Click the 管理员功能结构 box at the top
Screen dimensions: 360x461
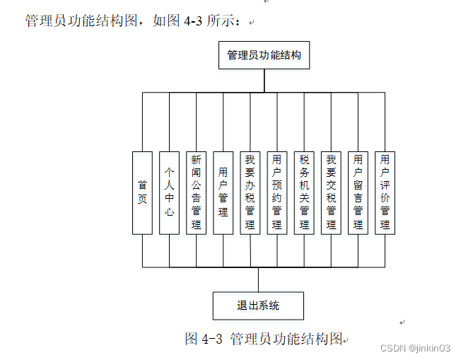tap(264, 54)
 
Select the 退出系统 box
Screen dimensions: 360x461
tap(258, 306)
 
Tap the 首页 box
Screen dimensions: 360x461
tap(142, 192)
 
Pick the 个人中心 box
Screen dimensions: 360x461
tap(169, 192)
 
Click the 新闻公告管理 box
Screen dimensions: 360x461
tap(196, 192)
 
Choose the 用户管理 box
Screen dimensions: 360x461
tap(223, 192)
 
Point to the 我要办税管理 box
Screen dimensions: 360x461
tap(250, 192)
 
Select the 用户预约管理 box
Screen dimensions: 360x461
tap(276, 192)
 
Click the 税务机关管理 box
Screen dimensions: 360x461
tap(304, 192)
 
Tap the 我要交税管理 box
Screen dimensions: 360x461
tap(331, 192)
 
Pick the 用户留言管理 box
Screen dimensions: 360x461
tap(358, 192)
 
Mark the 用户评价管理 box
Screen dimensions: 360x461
tap(385, 192)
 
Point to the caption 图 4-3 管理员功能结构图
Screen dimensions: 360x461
tap(264, 338)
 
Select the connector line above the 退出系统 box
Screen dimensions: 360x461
tap(258, 279)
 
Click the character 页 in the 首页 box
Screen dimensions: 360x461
tap(142, 199)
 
